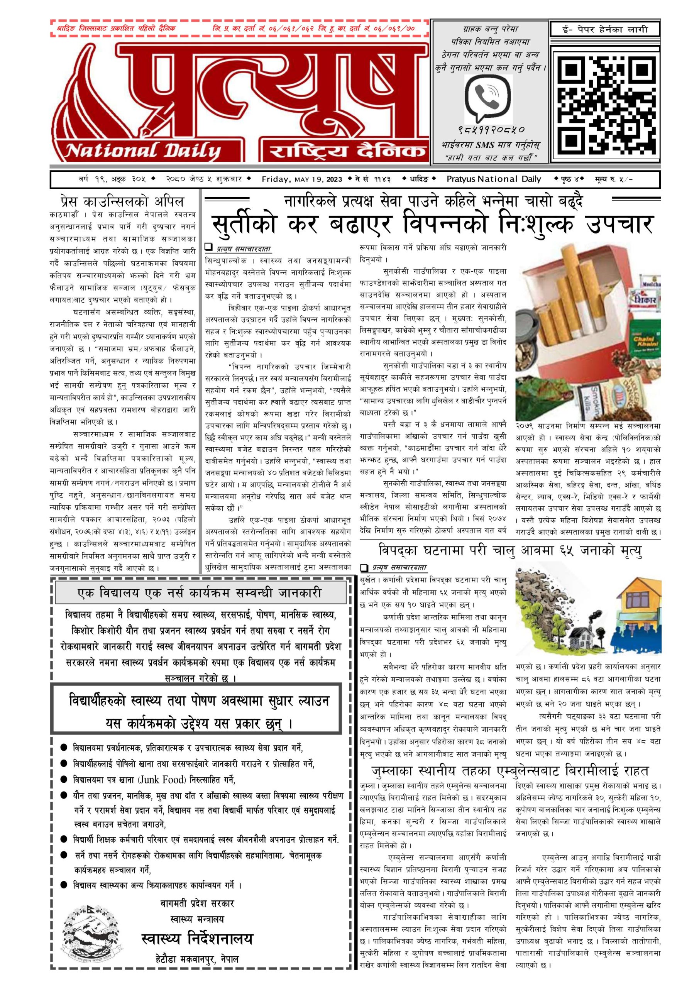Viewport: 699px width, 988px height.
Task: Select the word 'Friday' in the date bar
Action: [276, 179]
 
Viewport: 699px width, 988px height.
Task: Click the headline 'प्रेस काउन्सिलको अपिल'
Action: [122, 201]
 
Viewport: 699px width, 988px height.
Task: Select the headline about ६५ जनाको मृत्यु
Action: [510, 550]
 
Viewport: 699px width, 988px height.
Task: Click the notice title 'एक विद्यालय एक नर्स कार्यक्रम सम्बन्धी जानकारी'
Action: [200, 593]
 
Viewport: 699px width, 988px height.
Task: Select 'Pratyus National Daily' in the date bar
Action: [493, 179]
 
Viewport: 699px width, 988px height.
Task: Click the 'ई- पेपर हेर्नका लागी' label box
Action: [605, 29]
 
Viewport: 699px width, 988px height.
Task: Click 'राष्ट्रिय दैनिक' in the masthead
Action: [347, 151]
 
